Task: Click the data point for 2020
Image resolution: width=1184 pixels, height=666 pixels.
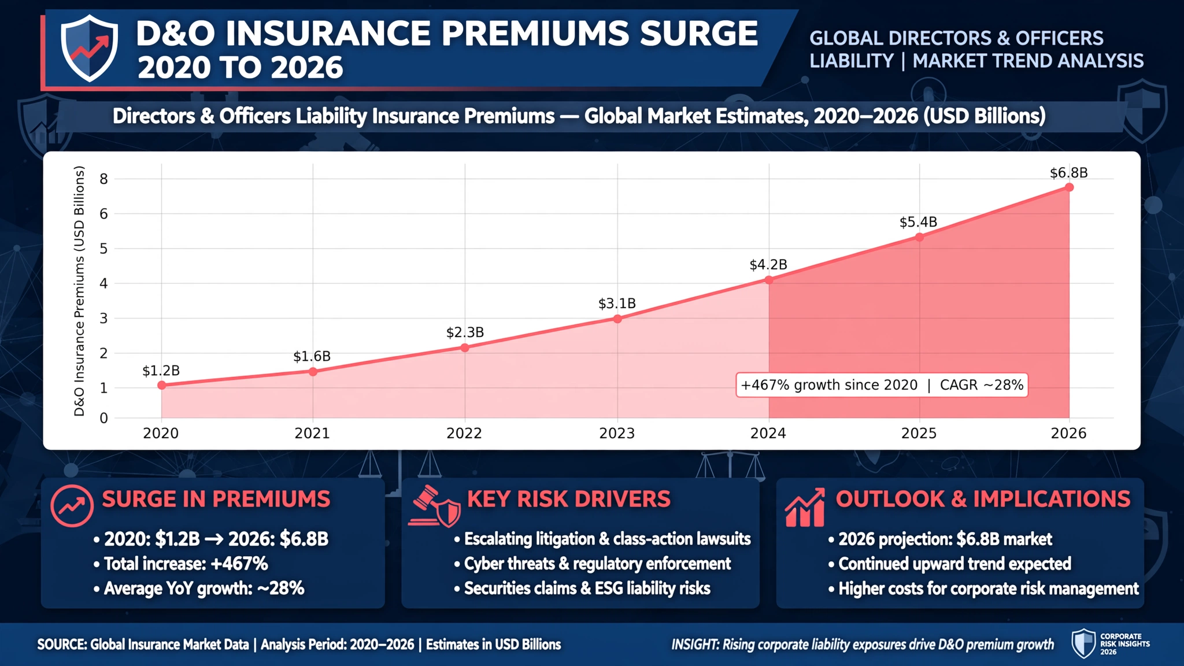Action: (162, 385)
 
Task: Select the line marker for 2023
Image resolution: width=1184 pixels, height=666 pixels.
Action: (617, 319)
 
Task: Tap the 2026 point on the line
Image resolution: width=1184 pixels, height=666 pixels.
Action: (1069, 187)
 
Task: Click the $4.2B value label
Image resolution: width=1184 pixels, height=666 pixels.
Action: (768, 265)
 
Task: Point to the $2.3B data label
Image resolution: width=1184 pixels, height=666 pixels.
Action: (465, 332)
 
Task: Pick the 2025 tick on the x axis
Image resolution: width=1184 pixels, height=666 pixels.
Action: (919, 433)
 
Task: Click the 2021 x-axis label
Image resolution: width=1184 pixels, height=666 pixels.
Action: (312, 433)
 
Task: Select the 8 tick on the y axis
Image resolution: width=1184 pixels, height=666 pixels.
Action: (104, 179)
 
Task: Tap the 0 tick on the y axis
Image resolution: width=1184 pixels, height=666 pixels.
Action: (104, 418)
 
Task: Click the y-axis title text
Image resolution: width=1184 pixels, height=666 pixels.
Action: (79, 291)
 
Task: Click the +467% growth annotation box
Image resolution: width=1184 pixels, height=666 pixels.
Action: (882, 385)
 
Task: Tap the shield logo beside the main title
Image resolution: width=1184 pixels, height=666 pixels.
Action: (90, 48)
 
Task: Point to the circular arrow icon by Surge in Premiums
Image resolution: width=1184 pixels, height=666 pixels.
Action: (72, 505)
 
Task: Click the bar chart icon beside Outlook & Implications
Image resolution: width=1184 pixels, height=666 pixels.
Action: (805, 507)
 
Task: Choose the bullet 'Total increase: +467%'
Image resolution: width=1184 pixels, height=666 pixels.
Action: (180, 564)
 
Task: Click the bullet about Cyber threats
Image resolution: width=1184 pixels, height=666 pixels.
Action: (593, 564)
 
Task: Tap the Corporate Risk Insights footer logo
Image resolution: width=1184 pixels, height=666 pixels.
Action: (1111, 644)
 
